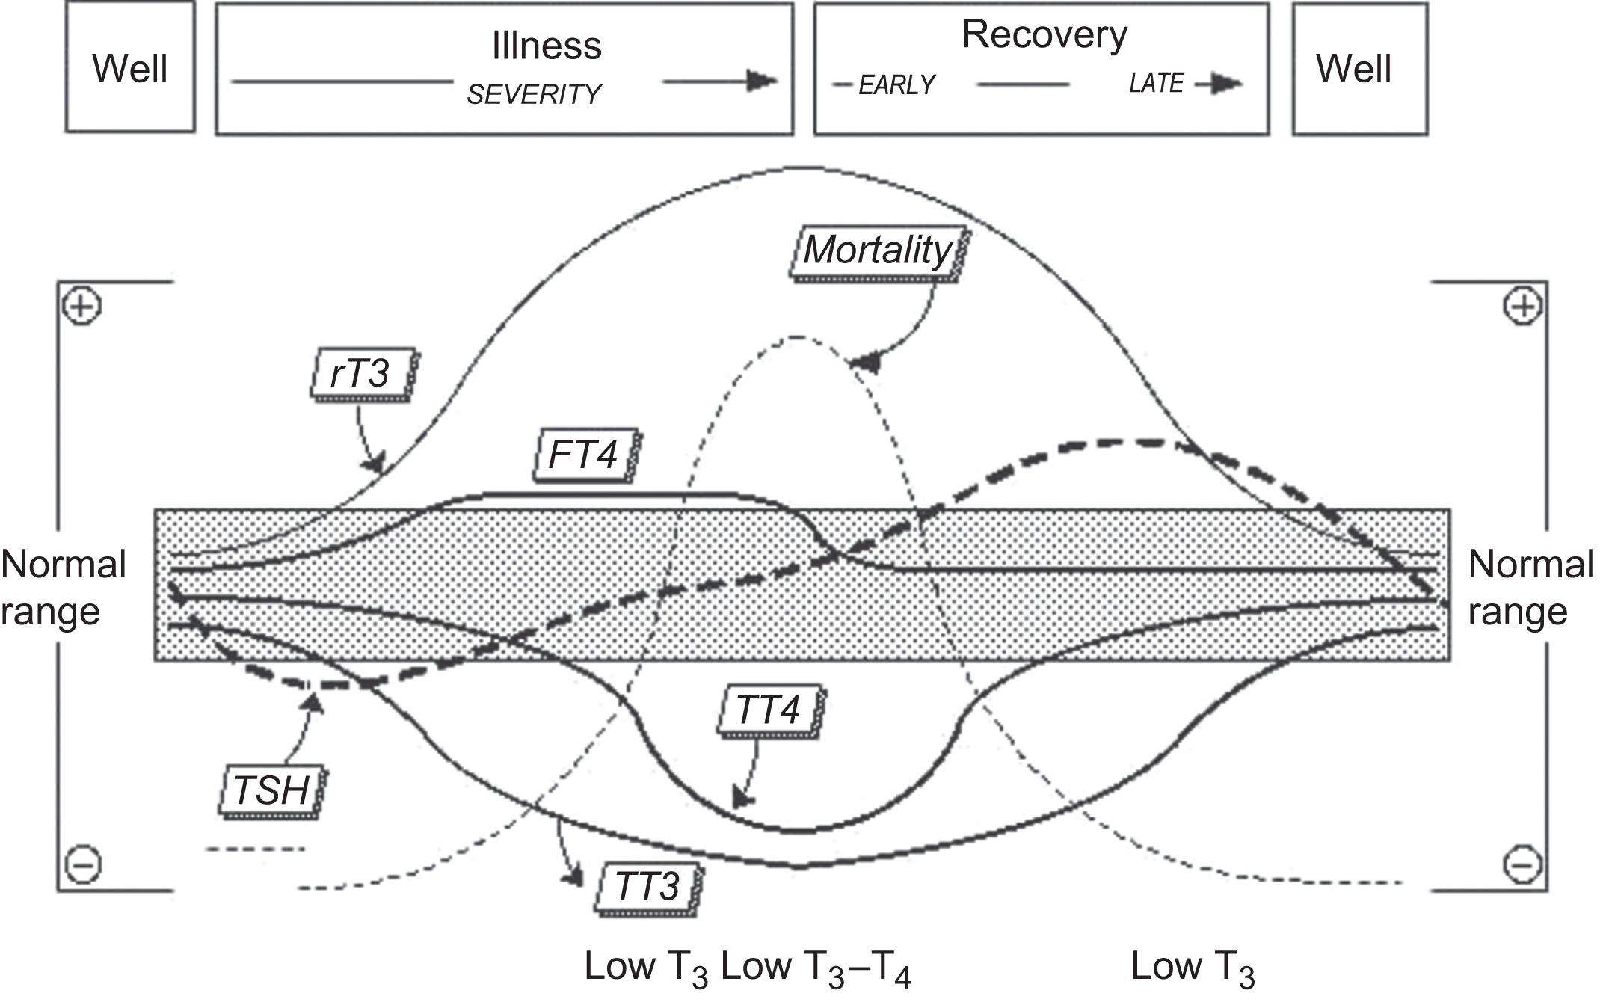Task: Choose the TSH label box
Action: point(271,790)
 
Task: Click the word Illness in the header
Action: point(547,46)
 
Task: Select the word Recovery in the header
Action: point(1044,35)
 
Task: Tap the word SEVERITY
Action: point(534,95)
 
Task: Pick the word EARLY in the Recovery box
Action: point(896,86)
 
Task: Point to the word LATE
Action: point(1156,84)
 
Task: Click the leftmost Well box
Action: point(130,68)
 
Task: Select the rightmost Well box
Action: point(1353,69)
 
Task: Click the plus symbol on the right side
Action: point(1522,307)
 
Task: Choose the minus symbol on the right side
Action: point(1522,864)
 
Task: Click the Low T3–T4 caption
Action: point(816,968)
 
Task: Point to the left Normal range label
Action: point(63,588)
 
